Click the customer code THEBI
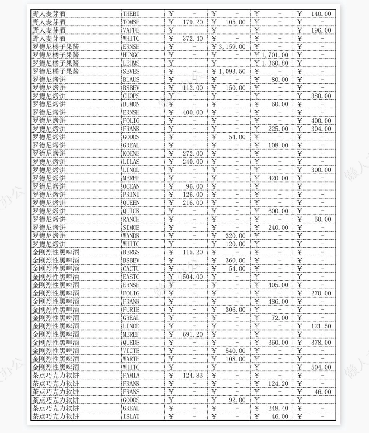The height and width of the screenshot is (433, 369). [131, 14]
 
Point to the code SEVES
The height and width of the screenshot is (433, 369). [131, 72]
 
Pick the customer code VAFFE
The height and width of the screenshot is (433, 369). [131, 30]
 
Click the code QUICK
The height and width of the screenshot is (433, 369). [131, 211]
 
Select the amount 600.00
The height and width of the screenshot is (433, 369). [278, 211]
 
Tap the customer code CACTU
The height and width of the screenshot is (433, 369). [131, 269]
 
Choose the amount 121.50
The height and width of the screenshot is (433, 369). [321, 326]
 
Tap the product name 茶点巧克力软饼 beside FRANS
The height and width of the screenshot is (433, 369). [56, 392]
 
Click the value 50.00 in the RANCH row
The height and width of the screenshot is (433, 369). [323, 220]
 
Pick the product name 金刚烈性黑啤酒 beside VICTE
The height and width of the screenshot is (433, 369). [56, 351]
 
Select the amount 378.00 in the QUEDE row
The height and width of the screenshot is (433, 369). [321, 343]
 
